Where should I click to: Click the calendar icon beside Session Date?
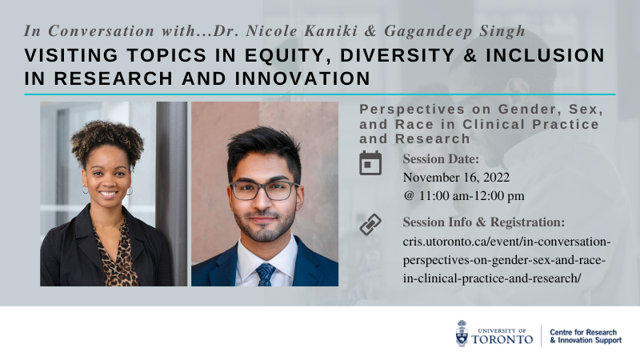370,163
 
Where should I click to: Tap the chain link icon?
370,225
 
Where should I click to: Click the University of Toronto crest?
462,334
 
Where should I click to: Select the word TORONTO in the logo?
502,339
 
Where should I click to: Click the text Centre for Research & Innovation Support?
586,336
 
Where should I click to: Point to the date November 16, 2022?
456,178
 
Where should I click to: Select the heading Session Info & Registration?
484,222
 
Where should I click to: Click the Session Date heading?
441,158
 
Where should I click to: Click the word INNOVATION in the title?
302,78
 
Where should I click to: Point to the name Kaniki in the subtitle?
330,31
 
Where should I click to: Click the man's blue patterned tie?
266,274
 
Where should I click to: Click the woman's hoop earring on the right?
130,190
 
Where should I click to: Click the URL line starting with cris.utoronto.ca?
506,242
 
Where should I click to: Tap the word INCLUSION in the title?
545,55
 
